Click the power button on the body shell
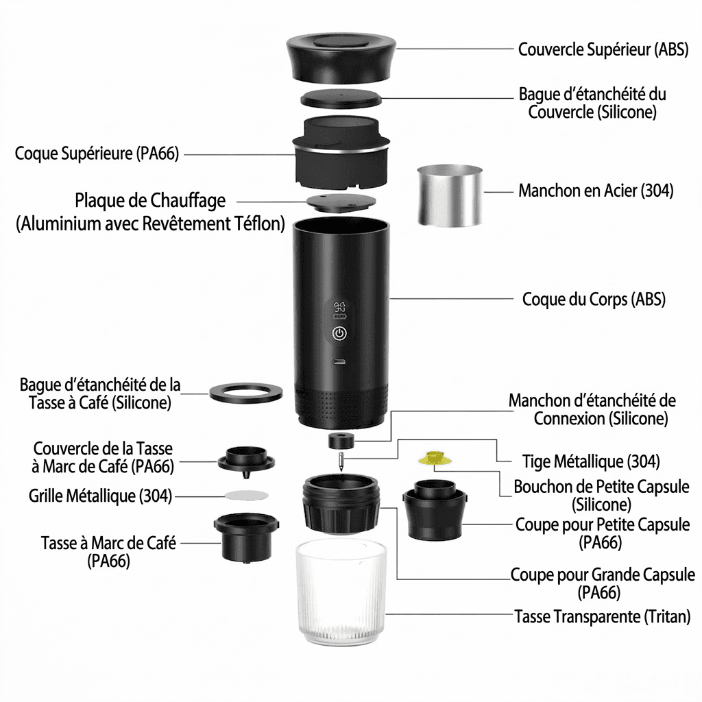click(339, 333)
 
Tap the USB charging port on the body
click(339, 362)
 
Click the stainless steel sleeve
click(450, 195)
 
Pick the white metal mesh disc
click(246, 495)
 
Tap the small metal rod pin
click(341, 461)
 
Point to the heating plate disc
click(341, 202)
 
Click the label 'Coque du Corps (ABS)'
click(594, 299)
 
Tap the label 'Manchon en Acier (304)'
click(596, 191)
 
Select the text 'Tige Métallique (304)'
click(591, 461)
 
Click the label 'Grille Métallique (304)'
click(100, 496)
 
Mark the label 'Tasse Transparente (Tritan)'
click(602, 616)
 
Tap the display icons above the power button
click(340, 310)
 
